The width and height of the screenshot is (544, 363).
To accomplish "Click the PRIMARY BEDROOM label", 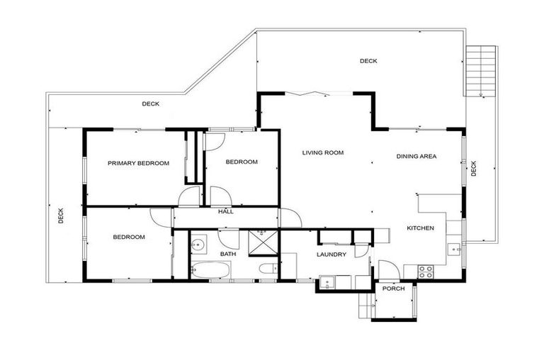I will pos(138,163).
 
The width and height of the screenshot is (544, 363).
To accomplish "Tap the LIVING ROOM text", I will pos(322,152).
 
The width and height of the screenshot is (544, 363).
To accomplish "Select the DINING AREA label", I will pos(416,156).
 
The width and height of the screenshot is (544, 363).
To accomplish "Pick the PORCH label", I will pos(393,288).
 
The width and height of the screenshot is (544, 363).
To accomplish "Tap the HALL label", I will pos(225,211).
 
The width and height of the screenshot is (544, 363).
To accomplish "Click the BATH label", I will pos(227,253).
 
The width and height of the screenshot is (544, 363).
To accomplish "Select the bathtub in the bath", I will pos(210,270).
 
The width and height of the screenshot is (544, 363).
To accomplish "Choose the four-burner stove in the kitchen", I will pos(425,269).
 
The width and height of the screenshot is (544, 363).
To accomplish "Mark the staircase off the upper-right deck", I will pos(479,71).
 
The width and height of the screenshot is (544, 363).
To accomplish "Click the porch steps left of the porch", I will pos(365,304).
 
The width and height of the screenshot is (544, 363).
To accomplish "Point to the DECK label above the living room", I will pos(368,62).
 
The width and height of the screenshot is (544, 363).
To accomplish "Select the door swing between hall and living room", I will pos(288,218).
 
